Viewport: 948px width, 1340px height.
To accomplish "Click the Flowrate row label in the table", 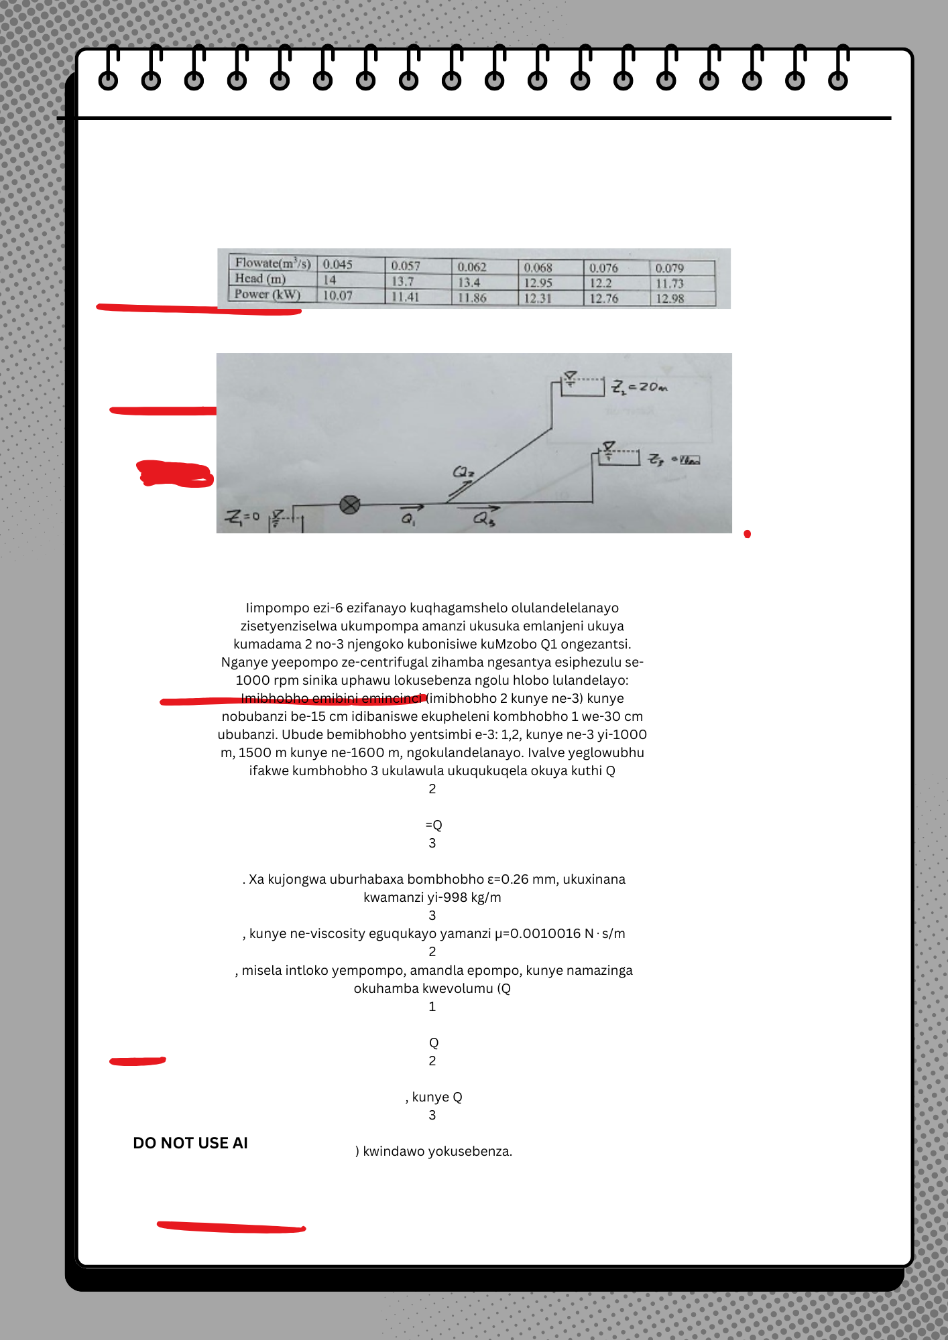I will [x=272, y=263].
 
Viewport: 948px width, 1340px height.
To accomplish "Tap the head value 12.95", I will [x=538, y=283].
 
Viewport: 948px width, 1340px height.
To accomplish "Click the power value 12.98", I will [x=669, y=299].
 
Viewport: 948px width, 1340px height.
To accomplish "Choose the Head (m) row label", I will [x=260, y=279].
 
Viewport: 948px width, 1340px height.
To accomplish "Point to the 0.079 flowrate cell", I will [x=669, y=268].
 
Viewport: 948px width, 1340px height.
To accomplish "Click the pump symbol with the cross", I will [x=350, y=505].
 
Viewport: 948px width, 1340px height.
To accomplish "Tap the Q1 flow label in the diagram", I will [x=408, y=519].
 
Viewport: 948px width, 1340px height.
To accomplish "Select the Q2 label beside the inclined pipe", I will [x=463, y=472].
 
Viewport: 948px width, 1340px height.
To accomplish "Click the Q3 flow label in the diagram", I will [x=483, y=519].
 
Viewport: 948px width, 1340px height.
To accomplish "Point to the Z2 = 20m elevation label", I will [x=640, y=387].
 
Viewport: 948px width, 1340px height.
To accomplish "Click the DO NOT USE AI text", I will [x=190, y=1143].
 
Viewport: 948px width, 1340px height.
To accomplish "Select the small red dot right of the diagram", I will [x=747, y=534].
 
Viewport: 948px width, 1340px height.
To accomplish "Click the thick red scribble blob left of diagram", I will [x=175, y=473].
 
